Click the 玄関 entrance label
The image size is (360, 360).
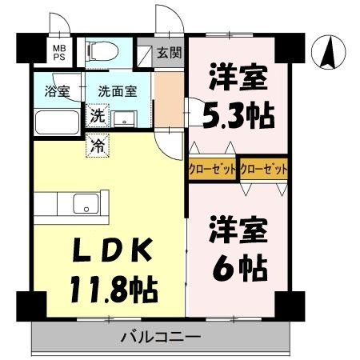169,54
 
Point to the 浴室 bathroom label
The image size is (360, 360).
57,91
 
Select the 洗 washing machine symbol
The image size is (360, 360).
96,116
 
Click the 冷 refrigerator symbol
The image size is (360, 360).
96,146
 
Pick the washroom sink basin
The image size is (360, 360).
124,119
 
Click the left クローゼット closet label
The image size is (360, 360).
213,170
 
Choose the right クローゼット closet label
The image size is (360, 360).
263,170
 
